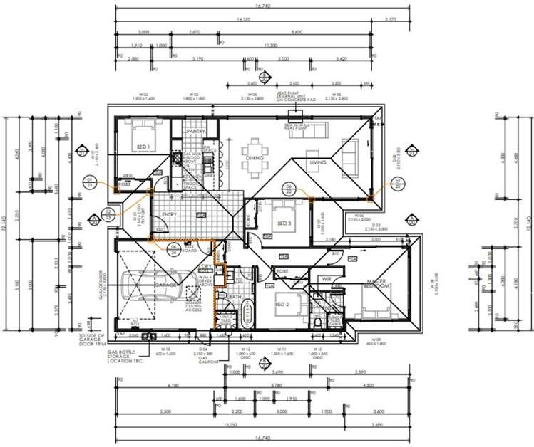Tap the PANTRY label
[x=195, y=132]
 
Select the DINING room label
[x=255, y=158]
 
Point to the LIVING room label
[x=317, y=162]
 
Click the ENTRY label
[x=169, y=214]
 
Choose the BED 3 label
[x=284, y=223]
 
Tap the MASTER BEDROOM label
[x=376, y=285]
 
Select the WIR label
[x=327, y=279]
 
